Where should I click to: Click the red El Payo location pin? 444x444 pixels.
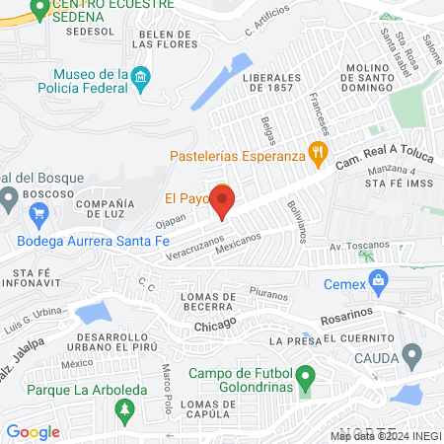[222, 201]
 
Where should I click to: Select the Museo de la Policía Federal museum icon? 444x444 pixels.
[140, 77]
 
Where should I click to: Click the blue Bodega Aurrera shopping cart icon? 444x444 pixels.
[38, 214]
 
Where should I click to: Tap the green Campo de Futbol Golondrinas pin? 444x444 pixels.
[306, 375]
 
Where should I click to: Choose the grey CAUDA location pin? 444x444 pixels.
[412, 355]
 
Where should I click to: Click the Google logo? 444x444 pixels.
[34, 431]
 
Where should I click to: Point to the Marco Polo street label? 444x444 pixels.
[166, 389]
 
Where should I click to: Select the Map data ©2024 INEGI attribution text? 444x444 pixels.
[386, 435]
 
